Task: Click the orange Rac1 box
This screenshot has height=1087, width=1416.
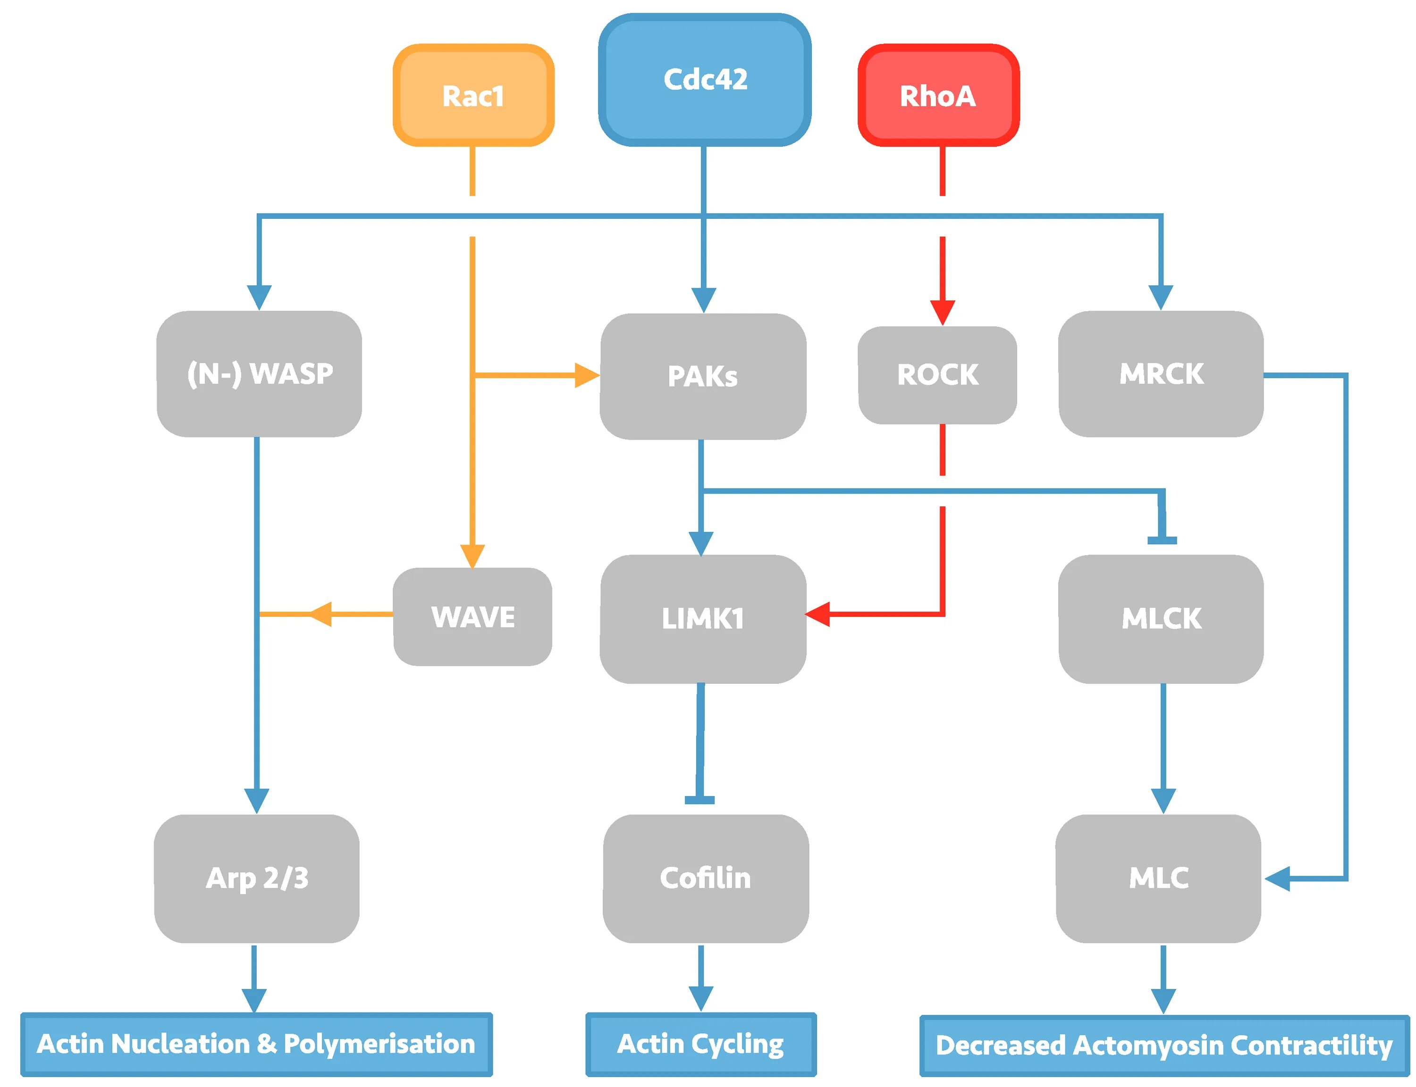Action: pyautogui.click(x=473, y=95)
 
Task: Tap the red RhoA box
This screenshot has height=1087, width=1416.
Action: pyautogui.click(x=938, y=95)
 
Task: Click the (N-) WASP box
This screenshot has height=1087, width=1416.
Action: pyautogui.click(x=259, y=374)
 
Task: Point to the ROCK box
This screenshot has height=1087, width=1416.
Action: pyautogui.click(x=937, y=375)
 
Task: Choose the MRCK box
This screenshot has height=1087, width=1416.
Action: pyautogui.click(x=1161, y=374)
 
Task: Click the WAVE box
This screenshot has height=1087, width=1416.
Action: pyautogui.click(x=472, y=617)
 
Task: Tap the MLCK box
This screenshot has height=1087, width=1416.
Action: pyautogui.click(x=1161, y=619)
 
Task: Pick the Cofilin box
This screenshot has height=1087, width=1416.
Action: pyautogui.click(x=706, y=879)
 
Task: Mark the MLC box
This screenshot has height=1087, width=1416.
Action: pyautogui.click(x=1158, y=879)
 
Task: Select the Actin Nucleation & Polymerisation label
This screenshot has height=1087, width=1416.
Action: pyautogui.click(x=256, y=1044)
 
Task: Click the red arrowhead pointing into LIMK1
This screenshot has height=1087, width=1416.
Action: pyautogui.click(x=817, y=614)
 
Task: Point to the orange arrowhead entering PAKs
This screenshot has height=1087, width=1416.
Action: pyautogui.click(x=587, y=375)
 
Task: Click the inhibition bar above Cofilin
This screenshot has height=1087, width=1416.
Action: pyautogui.click(x=700, y=800)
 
